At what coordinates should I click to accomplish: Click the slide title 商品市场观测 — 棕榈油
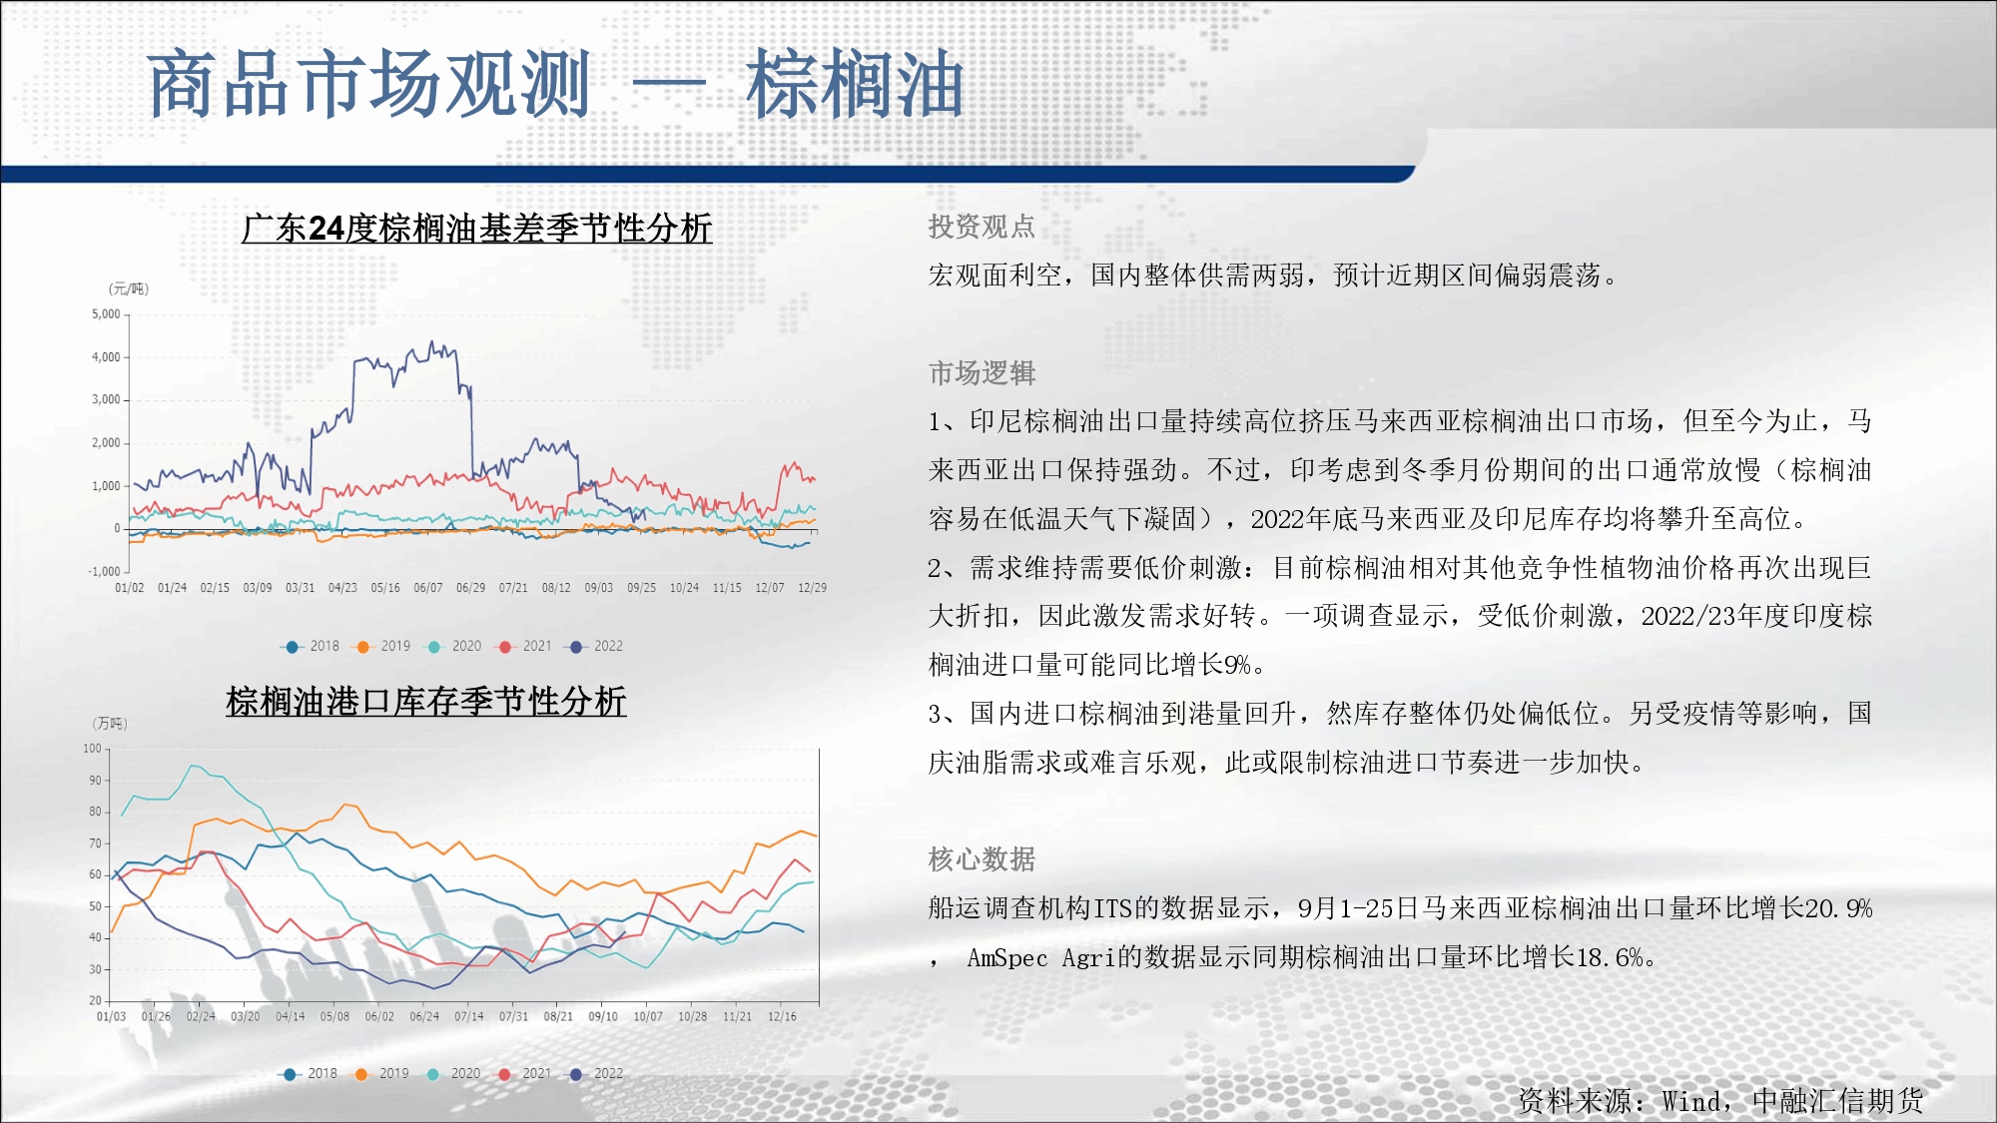[x=555, y=84]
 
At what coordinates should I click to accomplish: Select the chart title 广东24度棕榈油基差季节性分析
[x=476, y=229]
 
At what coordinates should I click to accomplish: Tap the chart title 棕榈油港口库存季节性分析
[x=426, y=701]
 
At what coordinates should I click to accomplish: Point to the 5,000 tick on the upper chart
[x=106, y=313]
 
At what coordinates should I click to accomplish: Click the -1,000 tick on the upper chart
[x=104, y=571]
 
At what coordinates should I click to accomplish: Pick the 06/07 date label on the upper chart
[x=428, y=588]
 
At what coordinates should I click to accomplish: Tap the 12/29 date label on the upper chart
[x=812, y=588]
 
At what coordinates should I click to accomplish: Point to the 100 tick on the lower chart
[x=92, y=748]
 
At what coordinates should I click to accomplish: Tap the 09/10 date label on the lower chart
[x=603, y=1016]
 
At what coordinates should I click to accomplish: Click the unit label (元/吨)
[x=128, y=288]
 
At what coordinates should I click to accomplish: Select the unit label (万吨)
[x=110, y=723]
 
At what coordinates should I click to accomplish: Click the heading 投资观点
[x=982, y=227]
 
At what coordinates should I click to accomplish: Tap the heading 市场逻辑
[x=982, y=372]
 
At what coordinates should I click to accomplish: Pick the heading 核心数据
[x=982, y=858]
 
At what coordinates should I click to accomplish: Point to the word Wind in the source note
[x=1691, y=1101]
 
